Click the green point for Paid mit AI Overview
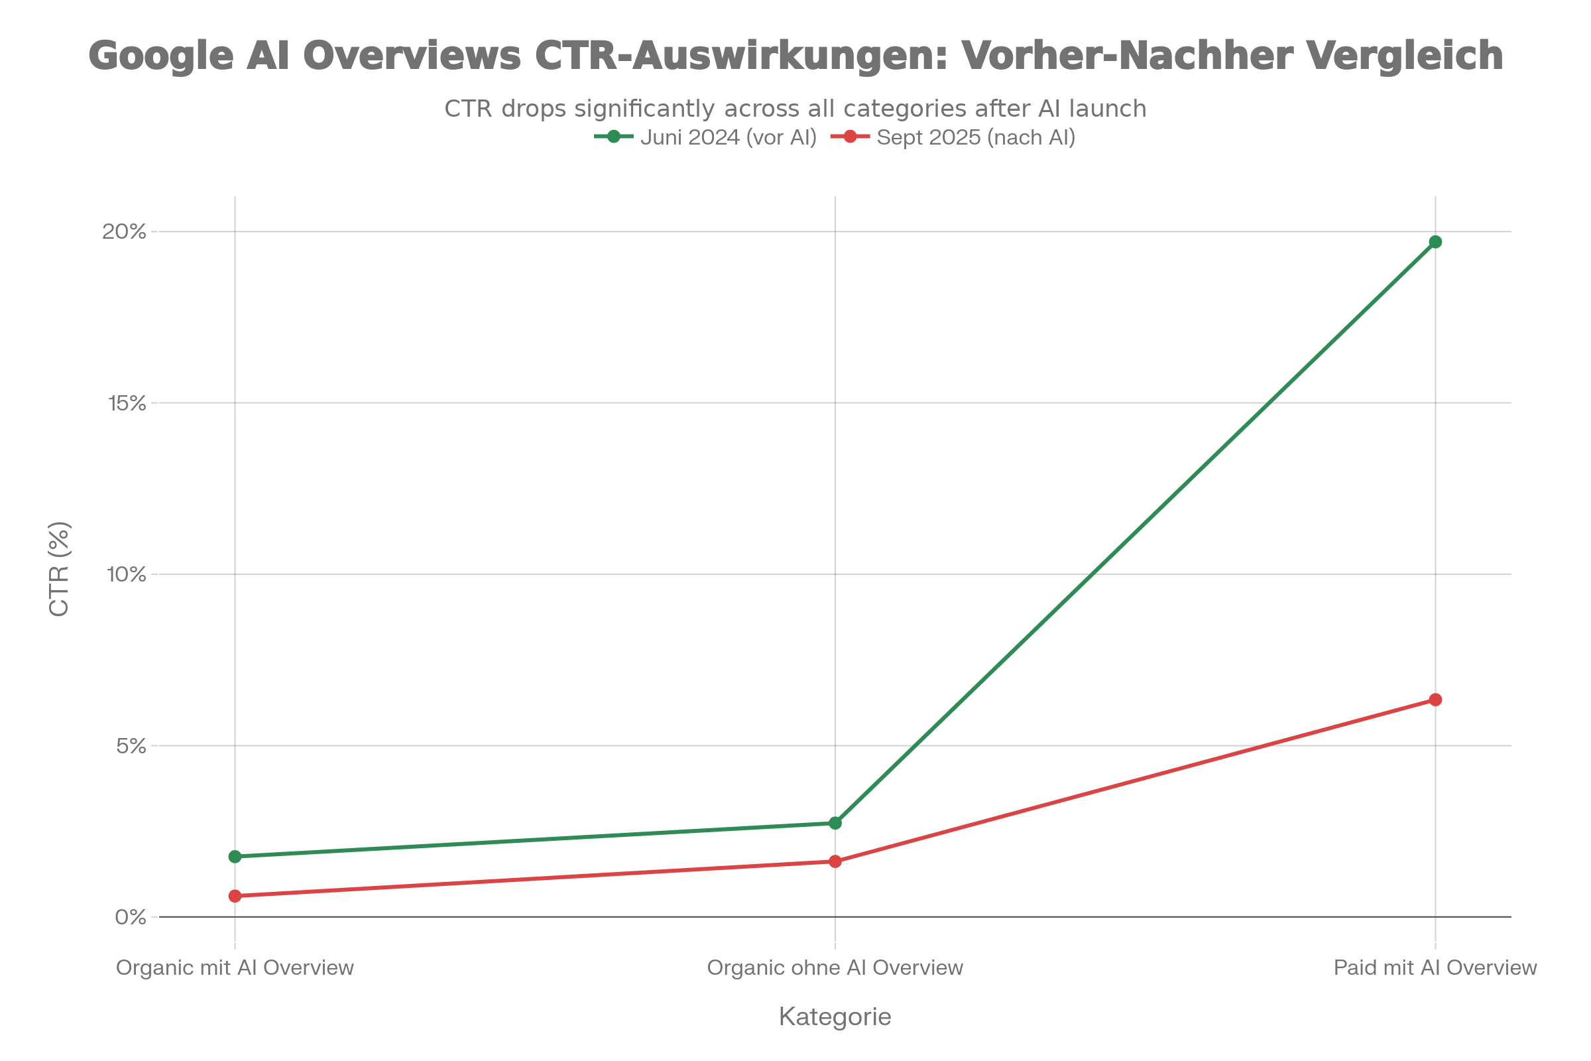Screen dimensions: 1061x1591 point(1435,242)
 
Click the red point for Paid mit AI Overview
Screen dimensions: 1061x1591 point(1435,700)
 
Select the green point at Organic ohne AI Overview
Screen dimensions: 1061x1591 point(835,823)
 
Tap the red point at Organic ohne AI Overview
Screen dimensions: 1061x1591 point(835,861)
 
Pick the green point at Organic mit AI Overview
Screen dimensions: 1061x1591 point(235,857)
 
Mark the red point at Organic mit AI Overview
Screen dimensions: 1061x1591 point(235,896)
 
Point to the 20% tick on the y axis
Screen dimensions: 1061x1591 point(125,232)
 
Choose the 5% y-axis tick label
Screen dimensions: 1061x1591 point(131,745)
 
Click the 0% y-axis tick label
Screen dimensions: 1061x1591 point(131,918)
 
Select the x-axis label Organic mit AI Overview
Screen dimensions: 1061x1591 point(235,967)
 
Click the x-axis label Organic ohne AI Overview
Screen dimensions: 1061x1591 point(835,967)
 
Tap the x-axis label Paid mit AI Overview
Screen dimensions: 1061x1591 point(1435,967)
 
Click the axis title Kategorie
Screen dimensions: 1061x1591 point(835,1017)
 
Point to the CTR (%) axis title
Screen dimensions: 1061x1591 point(60,568)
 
